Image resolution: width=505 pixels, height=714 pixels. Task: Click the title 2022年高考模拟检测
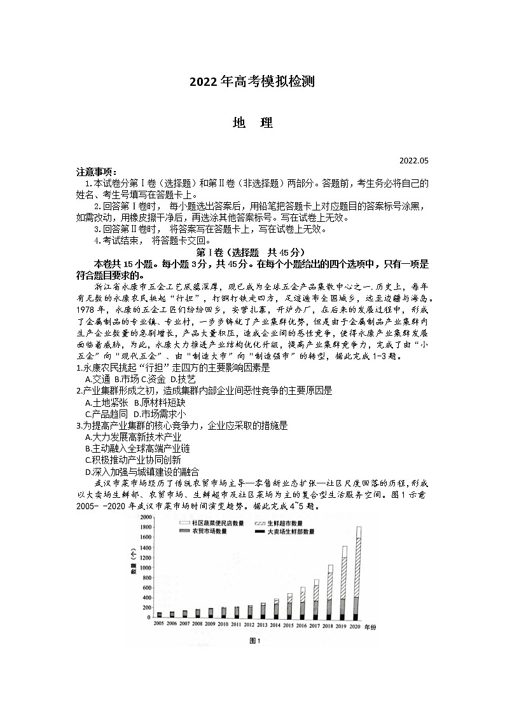pyautogui.click(x=253, y=82)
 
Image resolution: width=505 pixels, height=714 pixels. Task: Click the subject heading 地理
pyautogui.click(x=253, y=123)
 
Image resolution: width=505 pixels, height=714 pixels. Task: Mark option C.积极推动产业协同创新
pyautogui.click(x=133, y=460)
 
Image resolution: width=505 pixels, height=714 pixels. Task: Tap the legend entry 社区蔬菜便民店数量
pyautogui.click(x=216, y=522)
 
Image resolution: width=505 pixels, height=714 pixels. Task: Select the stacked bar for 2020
pyautogui.click(x=359, y=572)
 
